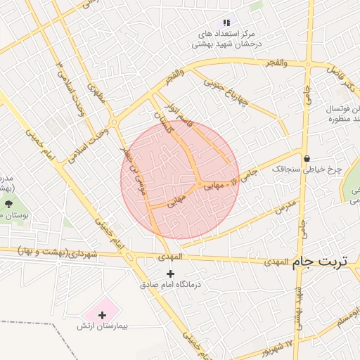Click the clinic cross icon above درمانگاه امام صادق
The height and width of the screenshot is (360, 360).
(x=169, y=273)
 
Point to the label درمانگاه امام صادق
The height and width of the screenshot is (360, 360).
(x=169, y=285)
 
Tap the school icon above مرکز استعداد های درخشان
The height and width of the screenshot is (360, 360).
(x=226, y=23)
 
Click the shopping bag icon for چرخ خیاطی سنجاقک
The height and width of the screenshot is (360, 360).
(x=307, y=157)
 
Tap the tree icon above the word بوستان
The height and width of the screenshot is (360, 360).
(x=8, y=204)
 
